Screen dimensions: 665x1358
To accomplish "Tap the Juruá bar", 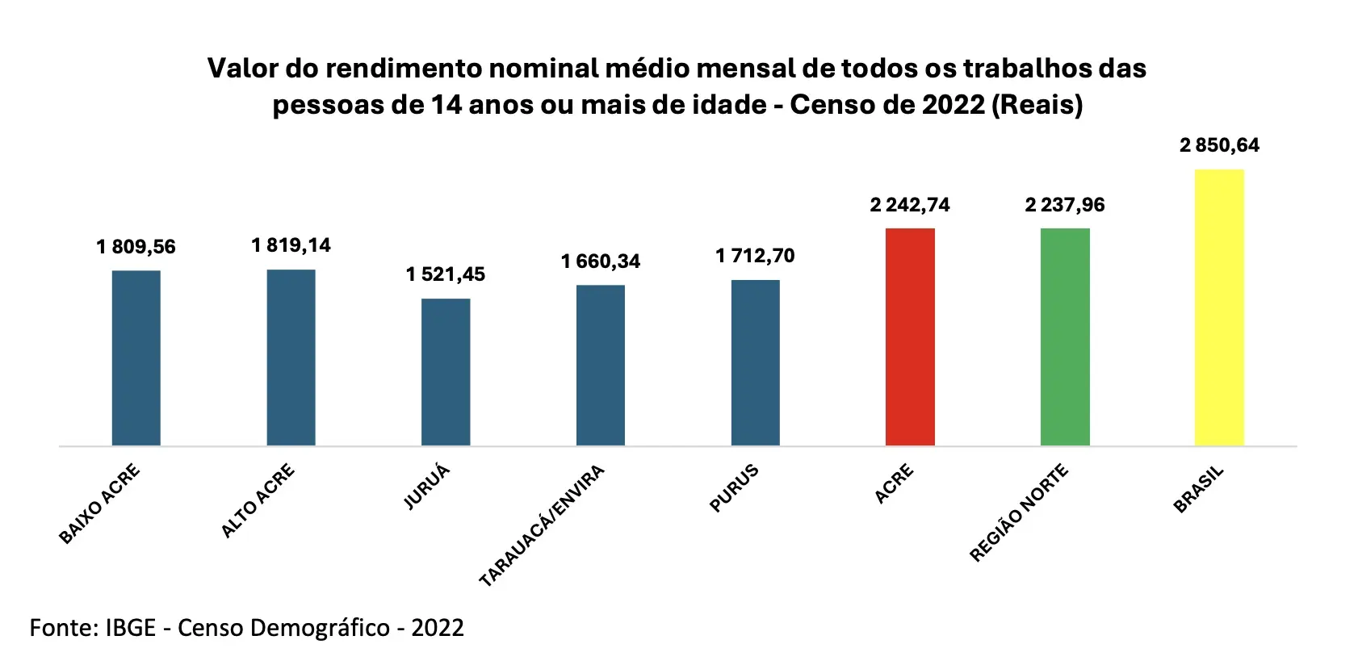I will click(446, 372).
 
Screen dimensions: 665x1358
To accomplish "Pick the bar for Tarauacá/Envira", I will click(601, 365).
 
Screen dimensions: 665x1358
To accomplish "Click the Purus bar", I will click(756, 362).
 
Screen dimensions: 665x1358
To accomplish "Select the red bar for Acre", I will click(910, 337).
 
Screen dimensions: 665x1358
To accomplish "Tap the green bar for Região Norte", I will click(1065, 337).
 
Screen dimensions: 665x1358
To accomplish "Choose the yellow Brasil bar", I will click(1219, 307).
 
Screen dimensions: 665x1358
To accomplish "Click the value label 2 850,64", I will click(1219, 145).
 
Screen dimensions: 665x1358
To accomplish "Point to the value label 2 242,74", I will click(910, 205).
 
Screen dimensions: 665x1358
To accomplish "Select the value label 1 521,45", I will click(446, 274).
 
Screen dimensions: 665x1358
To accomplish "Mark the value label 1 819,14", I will click(291, 245).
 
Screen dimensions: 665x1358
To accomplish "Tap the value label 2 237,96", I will click(1065, 205).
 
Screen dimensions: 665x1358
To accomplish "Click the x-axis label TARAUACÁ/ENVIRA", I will click(542, 525).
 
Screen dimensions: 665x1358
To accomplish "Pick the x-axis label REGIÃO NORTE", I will click(1019, 512).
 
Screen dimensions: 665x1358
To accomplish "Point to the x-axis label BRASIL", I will click(1199, 489).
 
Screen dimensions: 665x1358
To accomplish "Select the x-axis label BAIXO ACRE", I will click(100, 504).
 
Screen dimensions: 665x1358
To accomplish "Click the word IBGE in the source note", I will click(130, 628).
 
